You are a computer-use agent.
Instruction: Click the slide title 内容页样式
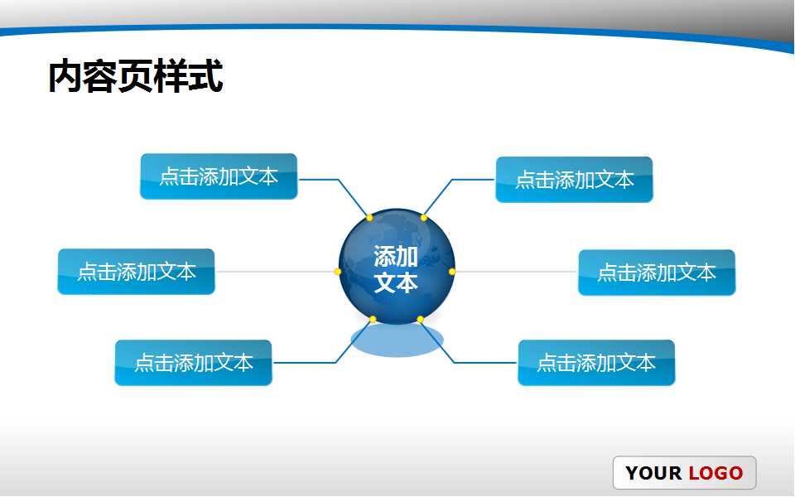coord(135,77)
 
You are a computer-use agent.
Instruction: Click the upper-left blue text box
coord(219,176)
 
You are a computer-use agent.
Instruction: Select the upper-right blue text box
coord(574,180)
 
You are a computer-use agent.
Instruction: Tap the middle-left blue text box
coord(136,272)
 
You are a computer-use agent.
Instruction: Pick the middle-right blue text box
coord(656,273)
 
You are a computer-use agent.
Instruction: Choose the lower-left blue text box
coord(193,363)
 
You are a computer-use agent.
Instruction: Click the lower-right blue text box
coord(596,363)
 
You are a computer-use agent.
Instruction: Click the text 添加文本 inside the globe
coord(396,269)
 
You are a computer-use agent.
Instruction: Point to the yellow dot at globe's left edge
coord(338,272)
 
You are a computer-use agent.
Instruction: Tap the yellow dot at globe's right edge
coord(452,272)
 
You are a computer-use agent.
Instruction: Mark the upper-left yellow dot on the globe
coord(369,218)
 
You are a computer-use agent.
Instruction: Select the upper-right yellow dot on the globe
coord(423,218)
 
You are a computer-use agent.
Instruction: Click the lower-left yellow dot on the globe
coord(373,320)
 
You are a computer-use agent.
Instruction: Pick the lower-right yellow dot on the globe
coord(420,320)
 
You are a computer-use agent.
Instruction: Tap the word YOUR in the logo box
coord(653,474)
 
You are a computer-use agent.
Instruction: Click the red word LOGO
coord(715,474)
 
